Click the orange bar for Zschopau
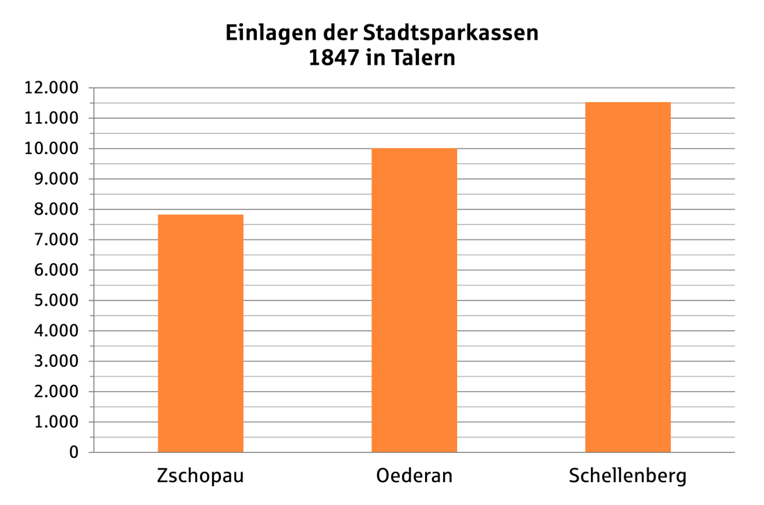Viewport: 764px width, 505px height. tap(201, 333)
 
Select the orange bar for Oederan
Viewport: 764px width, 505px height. tap(414, 300)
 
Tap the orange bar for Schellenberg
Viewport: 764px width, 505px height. tap(628, 277)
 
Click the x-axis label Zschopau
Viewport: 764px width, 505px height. tap(201, 476)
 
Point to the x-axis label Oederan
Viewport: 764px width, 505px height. tap(414, 476)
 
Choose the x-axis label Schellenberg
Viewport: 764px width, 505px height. tap(627, 477)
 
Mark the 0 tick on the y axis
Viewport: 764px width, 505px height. tap(74, 453)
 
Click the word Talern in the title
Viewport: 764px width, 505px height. tap(423, 58)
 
